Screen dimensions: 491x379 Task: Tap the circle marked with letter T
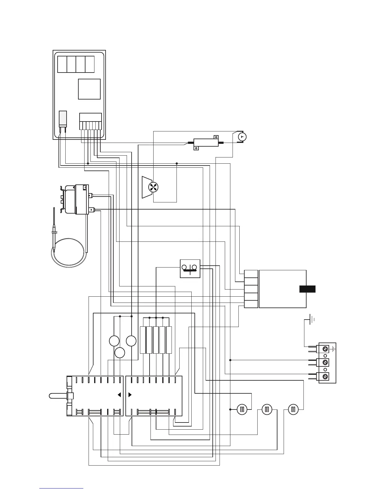(242, 136)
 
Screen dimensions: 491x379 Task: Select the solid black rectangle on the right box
(307, 289)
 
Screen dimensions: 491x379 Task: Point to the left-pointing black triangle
(119, 395)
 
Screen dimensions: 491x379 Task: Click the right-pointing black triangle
(130, 395)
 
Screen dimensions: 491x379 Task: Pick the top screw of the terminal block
(325, 349)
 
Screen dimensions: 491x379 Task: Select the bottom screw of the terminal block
(325, 376)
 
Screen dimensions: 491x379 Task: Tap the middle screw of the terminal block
(325, 362)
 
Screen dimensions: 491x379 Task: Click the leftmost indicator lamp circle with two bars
(242, 409)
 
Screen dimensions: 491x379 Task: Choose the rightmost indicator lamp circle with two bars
(293, 409)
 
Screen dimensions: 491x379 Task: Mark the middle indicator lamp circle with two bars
(267, 409)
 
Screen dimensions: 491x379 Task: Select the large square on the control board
(89, 89)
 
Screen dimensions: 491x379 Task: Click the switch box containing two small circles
(190, 268)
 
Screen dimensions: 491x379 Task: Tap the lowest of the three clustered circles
(120, 353)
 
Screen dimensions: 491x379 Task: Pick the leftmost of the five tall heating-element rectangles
(143, 340)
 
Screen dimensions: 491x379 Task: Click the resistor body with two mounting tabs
(206, 143)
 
